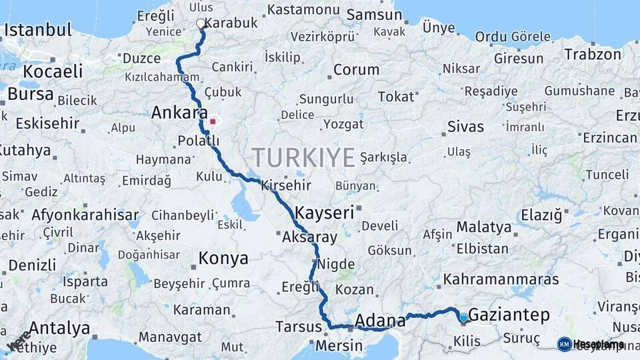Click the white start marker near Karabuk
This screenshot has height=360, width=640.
coord(201,24)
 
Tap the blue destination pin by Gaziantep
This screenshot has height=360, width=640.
coord(463,318)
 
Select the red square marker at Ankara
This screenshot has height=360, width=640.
coord(213,121)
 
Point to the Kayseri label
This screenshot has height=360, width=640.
coord(323,213)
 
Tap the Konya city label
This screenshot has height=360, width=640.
coord(223,258)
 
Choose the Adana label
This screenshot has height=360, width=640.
coord(379,321)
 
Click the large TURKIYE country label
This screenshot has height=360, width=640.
coord(303,158)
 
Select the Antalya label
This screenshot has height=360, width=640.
coord(59,328)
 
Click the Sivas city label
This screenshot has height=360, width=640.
coord(465,127)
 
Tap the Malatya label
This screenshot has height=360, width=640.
coord(484,227)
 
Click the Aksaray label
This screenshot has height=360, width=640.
coord(310,237)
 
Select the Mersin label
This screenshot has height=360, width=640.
coord(338,346)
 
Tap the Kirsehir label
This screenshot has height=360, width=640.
coord(287,184)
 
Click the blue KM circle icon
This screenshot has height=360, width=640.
coord(564,344)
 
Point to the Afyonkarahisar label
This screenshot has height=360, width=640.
coord(85,215)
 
